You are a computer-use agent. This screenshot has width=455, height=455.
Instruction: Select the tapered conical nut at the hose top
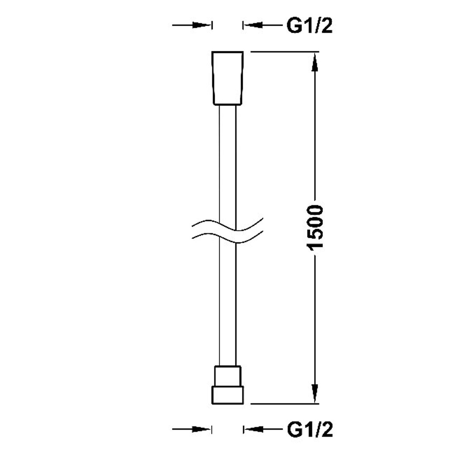(227, 78)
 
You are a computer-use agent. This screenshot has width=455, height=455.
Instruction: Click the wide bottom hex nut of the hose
(227, 395)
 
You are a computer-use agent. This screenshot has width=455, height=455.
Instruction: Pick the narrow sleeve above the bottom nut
(227, 376)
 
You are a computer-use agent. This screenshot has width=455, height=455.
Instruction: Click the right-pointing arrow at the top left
(192, 25)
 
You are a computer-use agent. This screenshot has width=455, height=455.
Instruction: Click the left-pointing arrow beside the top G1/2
(262, 25)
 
